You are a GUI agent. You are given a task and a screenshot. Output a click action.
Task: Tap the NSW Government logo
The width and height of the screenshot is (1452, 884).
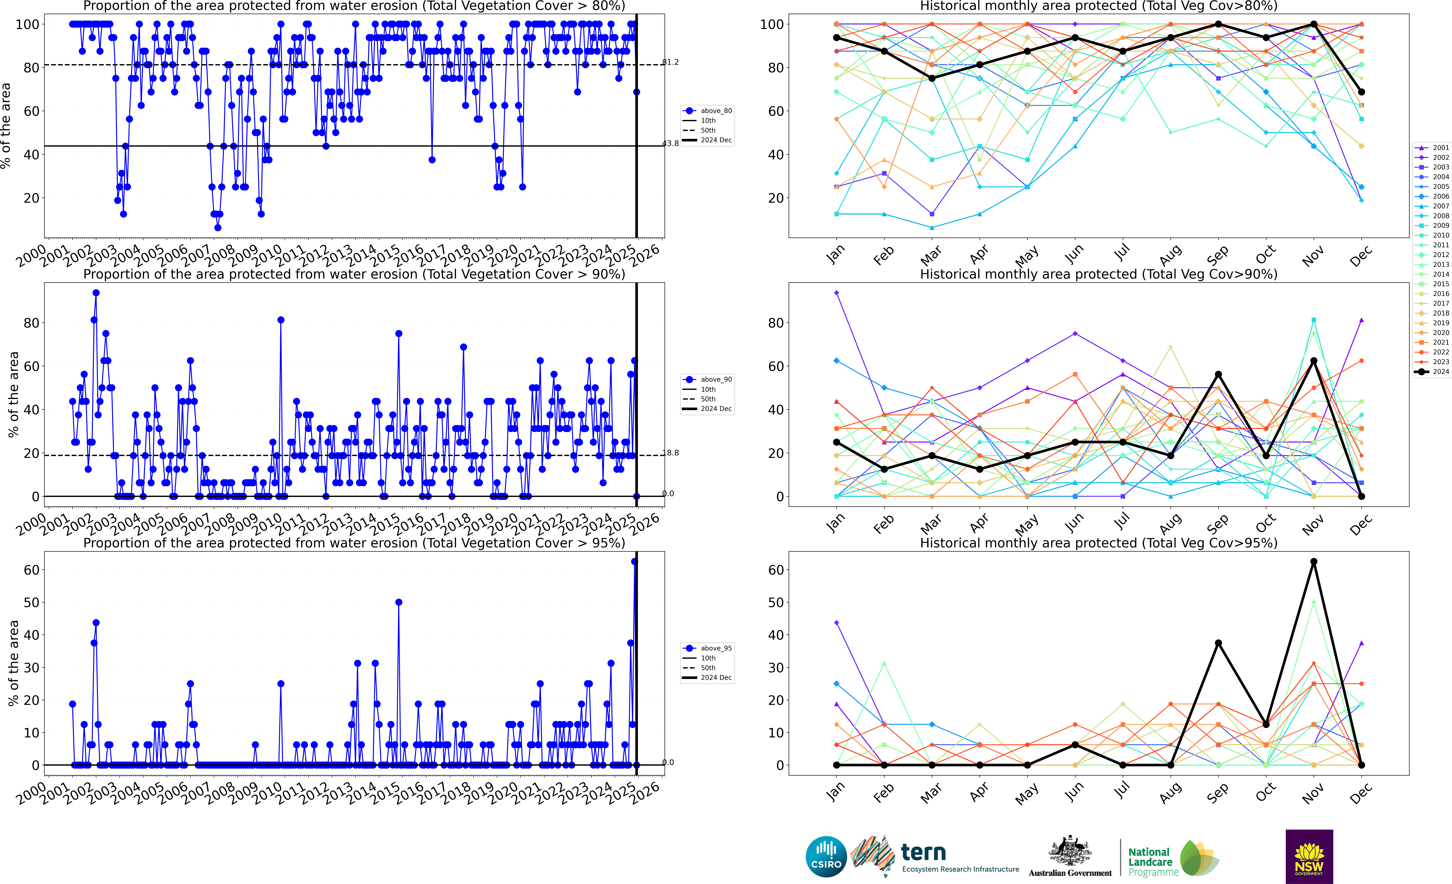(x=1309, y=856)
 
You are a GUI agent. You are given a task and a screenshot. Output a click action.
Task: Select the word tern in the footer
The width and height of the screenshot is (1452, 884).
(x=923, y=852)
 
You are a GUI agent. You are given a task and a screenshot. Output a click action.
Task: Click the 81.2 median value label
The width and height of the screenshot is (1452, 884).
(x=670, y=62)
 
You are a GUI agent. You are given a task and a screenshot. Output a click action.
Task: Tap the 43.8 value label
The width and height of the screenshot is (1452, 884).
(x=670, y=143)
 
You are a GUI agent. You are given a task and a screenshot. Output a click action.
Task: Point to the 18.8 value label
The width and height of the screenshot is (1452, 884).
(x=670, y=453)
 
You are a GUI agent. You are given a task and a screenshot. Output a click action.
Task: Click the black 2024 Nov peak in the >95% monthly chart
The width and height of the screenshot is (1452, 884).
(x=1314, y=562)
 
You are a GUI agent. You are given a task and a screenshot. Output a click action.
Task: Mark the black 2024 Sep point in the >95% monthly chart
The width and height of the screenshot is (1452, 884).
(x=1218, y=643)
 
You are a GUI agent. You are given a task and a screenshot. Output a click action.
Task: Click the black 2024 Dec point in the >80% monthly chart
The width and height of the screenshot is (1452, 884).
(x=1361, y=92)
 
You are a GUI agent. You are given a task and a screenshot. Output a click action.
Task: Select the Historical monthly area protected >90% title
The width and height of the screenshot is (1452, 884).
(x=1098, y=274)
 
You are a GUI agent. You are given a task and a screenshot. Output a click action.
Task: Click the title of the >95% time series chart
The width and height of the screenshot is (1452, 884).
(x=354, y=543)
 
